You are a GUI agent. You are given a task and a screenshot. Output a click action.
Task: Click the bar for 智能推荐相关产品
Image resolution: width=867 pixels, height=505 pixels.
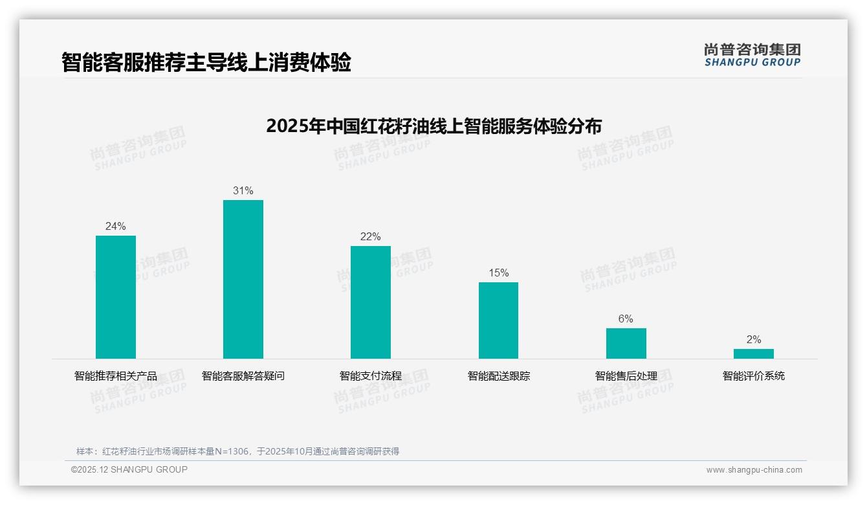[x=116, y=297]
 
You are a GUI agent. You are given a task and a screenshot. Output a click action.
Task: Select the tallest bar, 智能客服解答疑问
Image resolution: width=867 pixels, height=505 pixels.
[x=243, y=279]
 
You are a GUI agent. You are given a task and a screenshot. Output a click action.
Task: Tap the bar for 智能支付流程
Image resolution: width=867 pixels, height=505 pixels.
[x=371, y=302]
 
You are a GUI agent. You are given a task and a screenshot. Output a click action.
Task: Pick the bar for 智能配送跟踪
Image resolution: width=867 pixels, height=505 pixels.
[x=498, y=320]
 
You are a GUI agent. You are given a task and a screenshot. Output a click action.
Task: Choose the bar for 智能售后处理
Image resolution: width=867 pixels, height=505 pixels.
[x=626, y=343]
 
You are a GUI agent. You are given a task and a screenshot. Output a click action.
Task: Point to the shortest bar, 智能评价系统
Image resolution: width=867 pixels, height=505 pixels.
[x=753, y=353]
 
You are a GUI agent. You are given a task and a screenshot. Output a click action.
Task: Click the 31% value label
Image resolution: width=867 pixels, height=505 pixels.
[x=243, y=190]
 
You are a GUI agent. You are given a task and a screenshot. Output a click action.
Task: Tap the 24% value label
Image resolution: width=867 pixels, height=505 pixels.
[x=116, y=226]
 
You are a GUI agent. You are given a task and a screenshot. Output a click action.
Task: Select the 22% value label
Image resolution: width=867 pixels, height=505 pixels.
[x=371, y=236]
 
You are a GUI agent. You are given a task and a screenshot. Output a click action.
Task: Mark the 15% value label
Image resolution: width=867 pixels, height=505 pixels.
[x=498, y=273]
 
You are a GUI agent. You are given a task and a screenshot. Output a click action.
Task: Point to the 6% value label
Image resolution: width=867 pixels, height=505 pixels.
[x=626, y=319]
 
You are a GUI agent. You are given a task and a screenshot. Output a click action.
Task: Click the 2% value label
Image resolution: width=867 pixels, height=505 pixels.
[x=753, y=339]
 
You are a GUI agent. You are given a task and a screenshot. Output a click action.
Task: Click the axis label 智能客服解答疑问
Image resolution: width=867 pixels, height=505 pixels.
[x=243, y=376]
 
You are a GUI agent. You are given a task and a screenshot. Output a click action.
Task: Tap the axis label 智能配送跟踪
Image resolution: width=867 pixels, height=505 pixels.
[x=498, y=376]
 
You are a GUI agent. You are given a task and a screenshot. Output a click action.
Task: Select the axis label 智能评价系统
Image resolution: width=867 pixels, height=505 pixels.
[x=753, y=376]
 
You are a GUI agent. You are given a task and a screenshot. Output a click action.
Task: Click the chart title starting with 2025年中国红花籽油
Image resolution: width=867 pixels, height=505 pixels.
[x=433, y=126]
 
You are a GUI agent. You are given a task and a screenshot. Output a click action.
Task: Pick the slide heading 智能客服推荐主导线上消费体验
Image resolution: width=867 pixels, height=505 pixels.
[x=206, y=63]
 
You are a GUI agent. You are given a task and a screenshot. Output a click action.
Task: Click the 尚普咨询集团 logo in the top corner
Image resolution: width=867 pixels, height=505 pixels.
[x=752, y=54]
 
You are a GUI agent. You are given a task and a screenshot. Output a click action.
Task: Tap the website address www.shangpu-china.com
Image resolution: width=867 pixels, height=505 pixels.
[x=754, y=470]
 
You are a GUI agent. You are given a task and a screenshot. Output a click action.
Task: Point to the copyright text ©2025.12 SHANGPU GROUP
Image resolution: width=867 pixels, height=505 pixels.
[x=129, y=469]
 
